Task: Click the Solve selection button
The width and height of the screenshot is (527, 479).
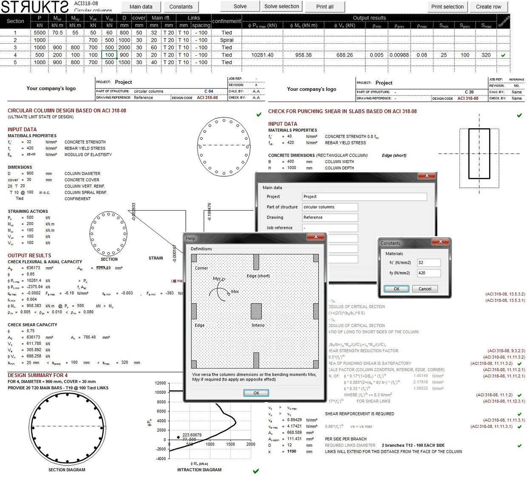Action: tap(281, 6)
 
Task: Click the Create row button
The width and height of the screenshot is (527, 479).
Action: tap(488, 7)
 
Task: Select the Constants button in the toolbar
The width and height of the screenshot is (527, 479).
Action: tap(181, 7)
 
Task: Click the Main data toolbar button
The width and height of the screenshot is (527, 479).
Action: tap(141, 7)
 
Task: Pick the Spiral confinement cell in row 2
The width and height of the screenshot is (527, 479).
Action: tap(227, 40)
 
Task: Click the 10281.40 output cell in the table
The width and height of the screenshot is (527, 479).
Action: tap(262, 55)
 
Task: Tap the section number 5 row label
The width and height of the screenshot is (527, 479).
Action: tap(15, 62)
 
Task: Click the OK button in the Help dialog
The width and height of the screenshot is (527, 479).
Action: tap(256, 393)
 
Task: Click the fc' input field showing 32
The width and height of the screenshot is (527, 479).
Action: tap(428, 262)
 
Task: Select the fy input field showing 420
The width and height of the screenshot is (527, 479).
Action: tap(428, 273)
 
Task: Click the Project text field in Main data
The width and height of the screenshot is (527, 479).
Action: tap(364, 197)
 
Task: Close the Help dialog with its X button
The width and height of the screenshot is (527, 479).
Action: tap(316, 237)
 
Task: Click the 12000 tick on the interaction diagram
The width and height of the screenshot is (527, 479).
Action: tap(160, 383)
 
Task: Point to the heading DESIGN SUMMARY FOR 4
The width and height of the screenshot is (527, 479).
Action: tap(37, 375)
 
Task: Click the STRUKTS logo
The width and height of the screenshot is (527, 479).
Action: tap(35, 7)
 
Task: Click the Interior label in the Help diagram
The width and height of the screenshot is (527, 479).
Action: tap(258, 325)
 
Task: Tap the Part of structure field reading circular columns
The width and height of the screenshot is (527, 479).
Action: tap(330, 207)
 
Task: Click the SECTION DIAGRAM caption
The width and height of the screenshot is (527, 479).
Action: tap(67, 470)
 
